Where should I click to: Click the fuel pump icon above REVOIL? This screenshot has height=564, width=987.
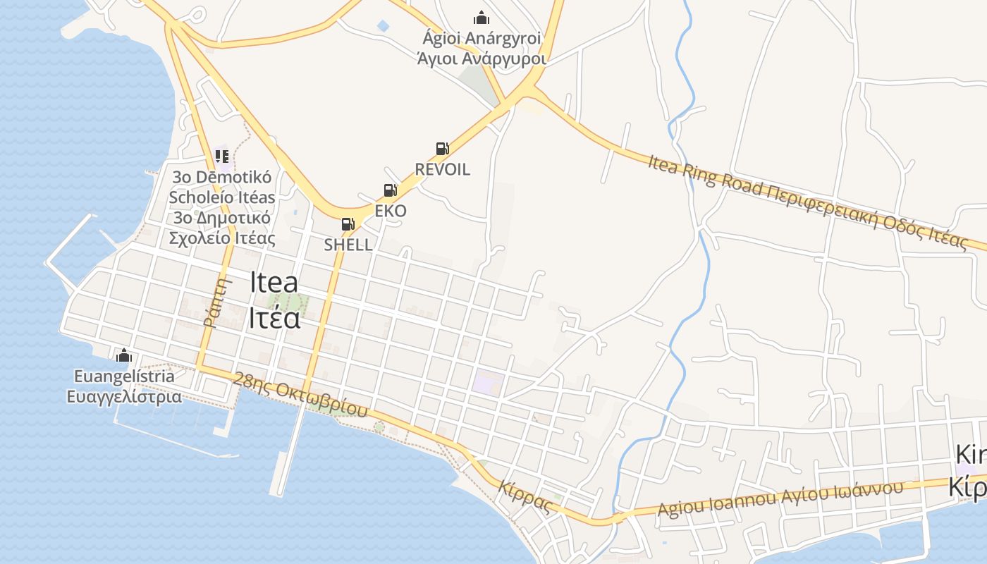(442, 148)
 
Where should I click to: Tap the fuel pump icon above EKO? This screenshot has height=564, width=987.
(390, 190)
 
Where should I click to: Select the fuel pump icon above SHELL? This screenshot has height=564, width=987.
(348, 224)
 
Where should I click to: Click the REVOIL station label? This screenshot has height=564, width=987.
(442, 169)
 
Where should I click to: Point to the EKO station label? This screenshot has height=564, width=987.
(391, 211)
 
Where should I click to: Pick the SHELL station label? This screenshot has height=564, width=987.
(348, 245)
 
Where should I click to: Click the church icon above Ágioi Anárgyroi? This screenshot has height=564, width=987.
(482, 18)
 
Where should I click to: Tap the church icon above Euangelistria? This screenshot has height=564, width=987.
(124, 355)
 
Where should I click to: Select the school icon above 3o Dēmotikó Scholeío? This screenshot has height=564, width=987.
(222, 156)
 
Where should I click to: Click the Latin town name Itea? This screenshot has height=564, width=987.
(274, 283)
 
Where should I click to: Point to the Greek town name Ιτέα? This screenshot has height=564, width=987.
(274, 318)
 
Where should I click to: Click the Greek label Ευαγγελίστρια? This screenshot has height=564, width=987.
(124, 396)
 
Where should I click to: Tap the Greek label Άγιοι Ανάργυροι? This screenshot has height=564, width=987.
(482, 58)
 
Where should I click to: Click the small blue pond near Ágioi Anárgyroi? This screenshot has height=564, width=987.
(383, 26)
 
